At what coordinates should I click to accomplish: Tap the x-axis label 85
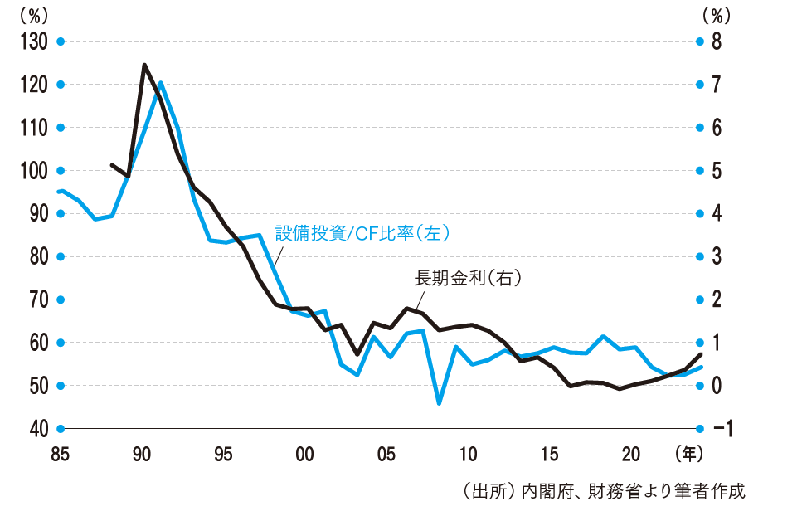60,454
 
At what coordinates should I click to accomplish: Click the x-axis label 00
304,454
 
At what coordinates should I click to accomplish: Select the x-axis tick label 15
549,454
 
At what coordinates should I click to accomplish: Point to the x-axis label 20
631,454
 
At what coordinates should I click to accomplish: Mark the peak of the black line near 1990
144,65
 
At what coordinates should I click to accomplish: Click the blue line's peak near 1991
160,83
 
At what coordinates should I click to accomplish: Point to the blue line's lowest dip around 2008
439,404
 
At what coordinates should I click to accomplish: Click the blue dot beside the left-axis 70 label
60,299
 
